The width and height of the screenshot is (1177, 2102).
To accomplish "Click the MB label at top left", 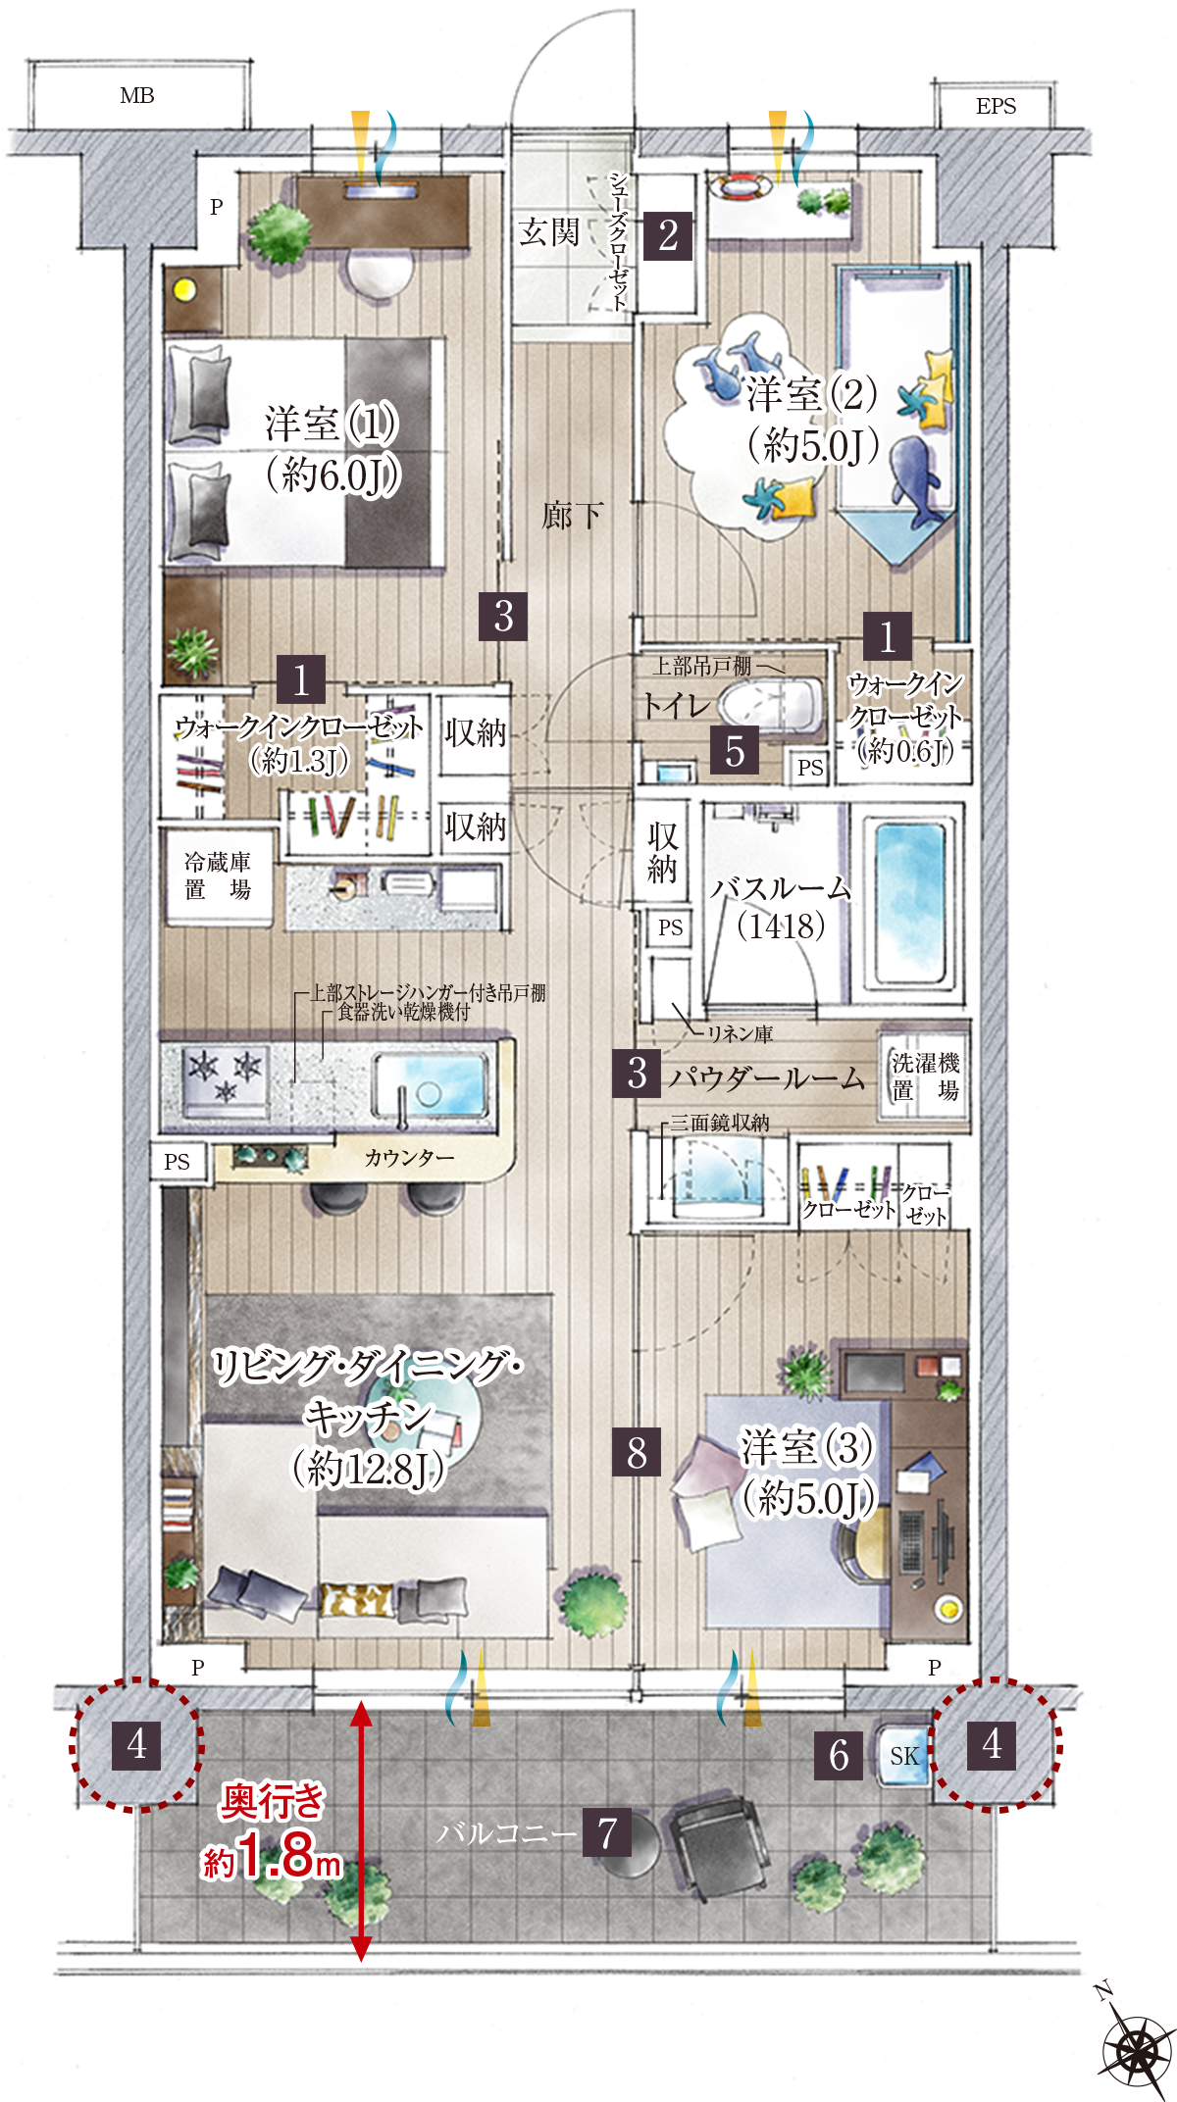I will pyautogui.click(x=137, y=96).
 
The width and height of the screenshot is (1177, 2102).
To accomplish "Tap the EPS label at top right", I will pyautogui.click(x=996, y=106).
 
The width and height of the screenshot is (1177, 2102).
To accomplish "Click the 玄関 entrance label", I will pyautogui.click(x=549, y=232).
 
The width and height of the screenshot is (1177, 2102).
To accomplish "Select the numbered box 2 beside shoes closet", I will pyautogui.click(x=668, y=235).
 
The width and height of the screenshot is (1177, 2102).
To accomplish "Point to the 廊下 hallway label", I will pyautogui.click(x=573, y=515).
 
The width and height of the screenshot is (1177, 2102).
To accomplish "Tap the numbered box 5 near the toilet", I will pyautogui.click(x=735, y=751).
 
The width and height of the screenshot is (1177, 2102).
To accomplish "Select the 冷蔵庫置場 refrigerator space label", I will pyautogui.click(x=218, y=876).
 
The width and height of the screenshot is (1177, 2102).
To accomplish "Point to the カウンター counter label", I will pyautogui.click(x=409, y=1158).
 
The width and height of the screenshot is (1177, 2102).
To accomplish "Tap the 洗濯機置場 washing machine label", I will pyautogui.click(x=925, y=1076).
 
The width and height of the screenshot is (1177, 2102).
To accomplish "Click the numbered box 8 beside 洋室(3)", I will pyautogui.click(x=637, y=1452).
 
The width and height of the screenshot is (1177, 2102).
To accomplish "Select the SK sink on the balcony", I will pyautogui.click(x=903, y=1756).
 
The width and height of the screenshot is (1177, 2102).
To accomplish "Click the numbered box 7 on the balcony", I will pyautogui.click(x=607, y=1832).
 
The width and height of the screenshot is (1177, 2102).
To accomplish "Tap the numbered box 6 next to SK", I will pyautogui.click(x=839, y=1756).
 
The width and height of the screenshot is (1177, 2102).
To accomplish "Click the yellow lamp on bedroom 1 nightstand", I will pyautogui.click(x=184, y=289).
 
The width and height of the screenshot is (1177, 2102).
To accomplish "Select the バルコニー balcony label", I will pyautogui.click(x=506, y=1832).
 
